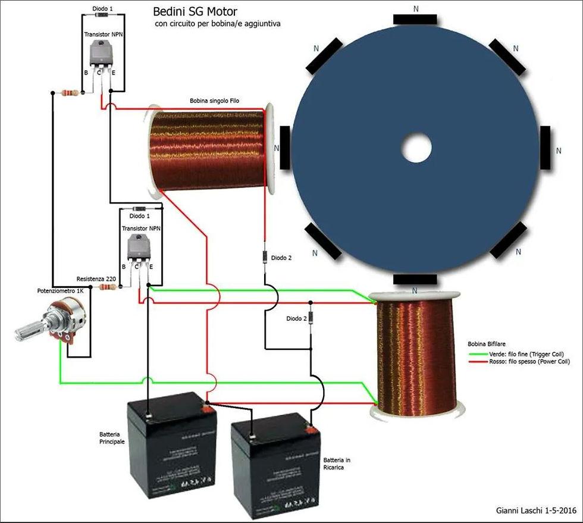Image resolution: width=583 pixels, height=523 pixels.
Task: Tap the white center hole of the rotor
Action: click(416, 149)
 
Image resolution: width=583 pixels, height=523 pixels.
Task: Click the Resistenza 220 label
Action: click(96, 278)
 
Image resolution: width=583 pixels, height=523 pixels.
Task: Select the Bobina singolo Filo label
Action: click(215, 101)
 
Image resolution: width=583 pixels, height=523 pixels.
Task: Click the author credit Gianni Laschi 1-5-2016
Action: click(535, 511)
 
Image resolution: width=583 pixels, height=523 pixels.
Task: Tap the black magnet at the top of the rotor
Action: click(415, 19)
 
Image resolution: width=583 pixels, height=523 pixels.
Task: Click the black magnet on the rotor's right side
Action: click(547, 148)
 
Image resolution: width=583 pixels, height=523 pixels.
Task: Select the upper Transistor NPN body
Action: click(100, 57)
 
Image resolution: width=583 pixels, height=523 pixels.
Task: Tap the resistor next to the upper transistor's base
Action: click(70, 92)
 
